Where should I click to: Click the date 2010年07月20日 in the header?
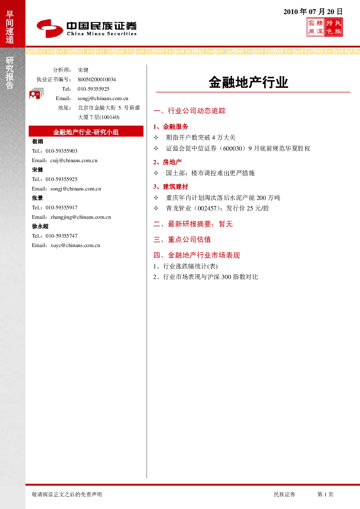coord(313,12)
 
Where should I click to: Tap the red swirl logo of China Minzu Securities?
coord(50,28)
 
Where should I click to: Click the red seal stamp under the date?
coord(324,27)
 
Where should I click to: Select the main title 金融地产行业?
coord(249,82)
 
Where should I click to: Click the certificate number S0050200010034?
coord(97,79)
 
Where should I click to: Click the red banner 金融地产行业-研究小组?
coord(86,131)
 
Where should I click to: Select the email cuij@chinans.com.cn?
coord(74,160)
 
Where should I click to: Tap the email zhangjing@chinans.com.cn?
coord(81,217)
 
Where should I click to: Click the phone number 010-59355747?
coord(62,236)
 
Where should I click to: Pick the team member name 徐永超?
coord(40,226)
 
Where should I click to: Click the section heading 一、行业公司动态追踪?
coord(189,111)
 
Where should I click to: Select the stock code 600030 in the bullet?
coord(233,149)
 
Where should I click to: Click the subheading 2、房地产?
coord(168,162)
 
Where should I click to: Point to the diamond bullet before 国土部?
coord(156,173)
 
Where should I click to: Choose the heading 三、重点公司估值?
coord(182,239)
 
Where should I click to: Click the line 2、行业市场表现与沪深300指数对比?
coord(205,277)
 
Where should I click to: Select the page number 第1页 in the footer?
coord(325,494)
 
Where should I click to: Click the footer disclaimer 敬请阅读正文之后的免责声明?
coord(67,494)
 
